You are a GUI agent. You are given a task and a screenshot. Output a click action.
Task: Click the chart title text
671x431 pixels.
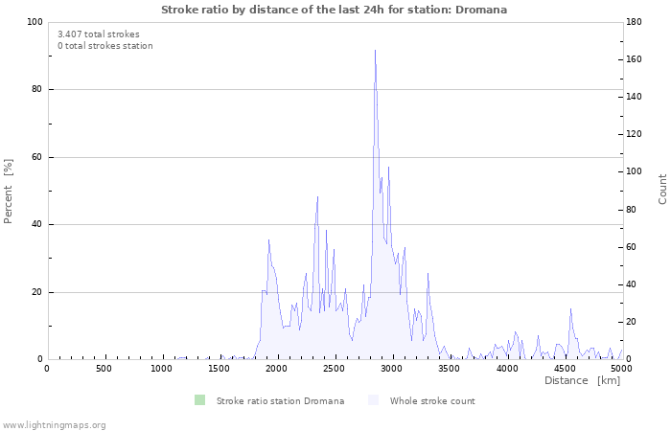click(335, 10)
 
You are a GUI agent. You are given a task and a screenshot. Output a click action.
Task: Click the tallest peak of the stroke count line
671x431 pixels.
click(375, 51)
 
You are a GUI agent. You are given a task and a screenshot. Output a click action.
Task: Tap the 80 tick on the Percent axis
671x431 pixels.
click(36, 90)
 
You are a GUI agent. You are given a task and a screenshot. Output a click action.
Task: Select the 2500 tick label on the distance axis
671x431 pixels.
click(391, 369)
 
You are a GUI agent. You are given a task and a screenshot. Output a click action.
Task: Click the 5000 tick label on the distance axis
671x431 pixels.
click(621, 369)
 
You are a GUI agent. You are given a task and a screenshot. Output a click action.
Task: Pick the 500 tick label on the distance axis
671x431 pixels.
click(104, 369)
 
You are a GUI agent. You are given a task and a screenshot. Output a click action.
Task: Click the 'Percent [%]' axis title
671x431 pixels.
click(9, 191)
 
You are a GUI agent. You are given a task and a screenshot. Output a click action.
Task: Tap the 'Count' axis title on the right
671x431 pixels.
click(662, 189)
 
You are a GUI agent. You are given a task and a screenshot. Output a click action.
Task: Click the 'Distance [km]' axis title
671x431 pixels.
click(582, 381)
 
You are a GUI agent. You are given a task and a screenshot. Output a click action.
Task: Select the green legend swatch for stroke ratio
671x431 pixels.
click(199, 400)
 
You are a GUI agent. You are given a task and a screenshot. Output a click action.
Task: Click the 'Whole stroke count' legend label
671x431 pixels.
click(431, 400)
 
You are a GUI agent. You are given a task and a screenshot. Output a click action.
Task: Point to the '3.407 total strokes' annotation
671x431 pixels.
click(99, 34)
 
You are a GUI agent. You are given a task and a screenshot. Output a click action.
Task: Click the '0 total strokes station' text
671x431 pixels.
click(105, 46)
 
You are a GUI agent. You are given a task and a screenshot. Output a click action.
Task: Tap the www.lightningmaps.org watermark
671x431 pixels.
click(54, 424)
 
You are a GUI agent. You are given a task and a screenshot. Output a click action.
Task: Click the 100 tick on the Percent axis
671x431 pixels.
click(34, 22)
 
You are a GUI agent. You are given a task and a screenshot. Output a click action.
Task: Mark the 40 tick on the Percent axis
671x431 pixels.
click(36, 225)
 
